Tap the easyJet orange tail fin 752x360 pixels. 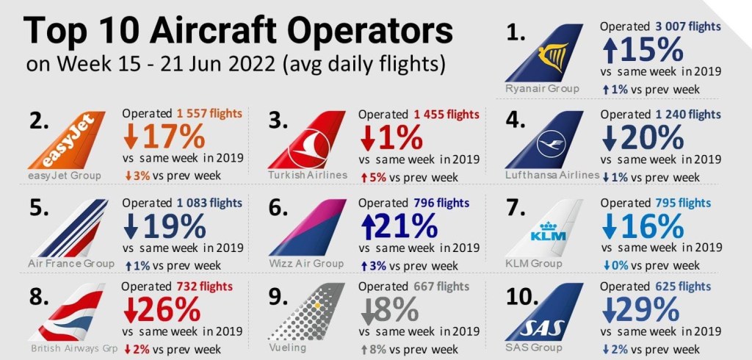70,141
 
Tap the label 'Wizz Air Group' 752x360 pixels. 306,263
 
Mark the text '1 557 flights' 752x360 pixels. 209,114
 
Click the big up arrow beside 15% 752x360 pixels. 610,51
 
